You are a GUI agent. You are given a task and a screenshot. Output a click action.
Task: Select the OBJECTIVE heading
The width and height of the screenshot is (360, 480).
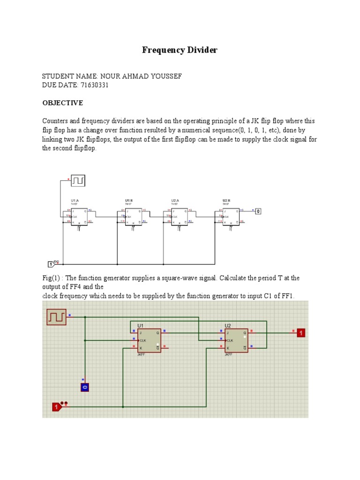[63, 103]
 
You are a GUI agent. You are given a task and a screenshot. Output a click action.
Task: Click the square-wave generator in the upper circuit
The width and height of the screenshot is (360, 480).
[78, 180]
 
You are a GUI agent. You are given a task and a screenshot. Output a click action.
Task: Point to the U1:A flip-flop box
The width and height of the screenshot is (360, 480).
[79, 217]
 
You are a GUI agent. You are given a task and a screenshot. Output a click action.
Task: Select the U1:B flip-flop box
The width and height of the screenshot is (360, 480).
[133, 217]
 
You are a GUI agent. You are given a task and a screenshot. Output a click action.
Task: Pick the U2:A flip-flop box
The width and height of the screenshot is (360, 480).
[179, 217]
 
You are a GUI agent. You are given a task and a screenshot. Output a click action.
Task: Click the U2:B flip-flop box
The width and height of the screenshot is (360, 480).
[231, 217]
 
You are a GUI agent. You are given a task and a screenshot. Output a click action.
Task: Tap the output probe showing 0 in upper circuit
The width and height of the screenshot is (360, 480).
[257, 211]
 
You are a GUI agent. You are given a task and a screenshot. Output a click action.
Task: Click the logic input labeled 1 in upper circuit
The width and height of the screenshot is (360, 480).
[51, 264]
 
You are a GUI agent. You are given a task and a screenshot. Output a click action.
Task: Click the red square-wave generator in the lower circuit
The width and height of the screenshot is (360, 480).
[56, 317]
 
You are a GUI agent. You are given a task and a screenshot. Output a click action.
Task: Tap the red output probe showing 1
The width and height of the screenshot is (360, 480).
[301, 333]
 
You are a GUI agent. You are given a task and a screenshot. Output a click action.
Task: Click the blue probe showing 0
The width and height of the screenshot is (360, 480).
[84, 387]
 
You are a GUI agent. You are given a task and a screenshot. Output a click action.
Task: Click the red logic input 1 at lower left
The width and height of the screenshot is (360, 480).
[57, 407]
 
